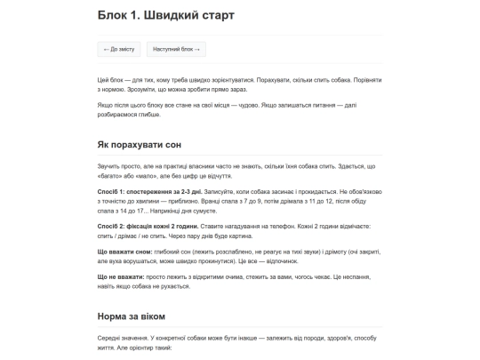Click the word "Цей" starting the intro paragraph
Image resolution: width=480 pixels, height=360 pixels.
click(x=103, y=81)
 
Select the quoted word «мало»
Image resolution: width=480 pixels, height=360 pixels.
click(x=148, y=176)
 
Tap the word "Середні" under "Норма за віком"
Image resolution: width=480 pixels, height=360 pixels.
click(x=110, y=338)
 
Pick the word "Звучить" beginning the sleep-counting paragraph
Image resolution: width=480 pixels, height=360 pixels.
click(x=109, y=166)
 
